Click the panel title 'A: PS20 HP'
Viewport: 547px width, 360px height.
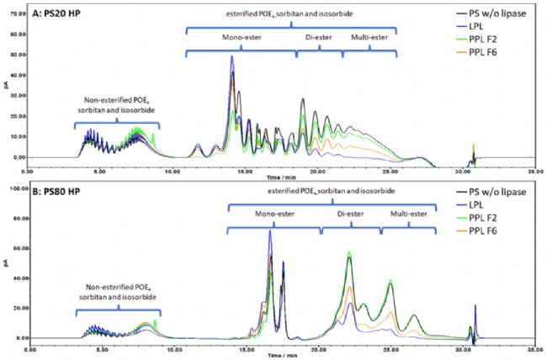61,12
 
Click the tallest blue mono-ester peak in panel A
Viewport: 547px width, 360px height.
231,57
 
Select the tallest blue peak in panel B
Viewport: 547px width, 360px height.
270,231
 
